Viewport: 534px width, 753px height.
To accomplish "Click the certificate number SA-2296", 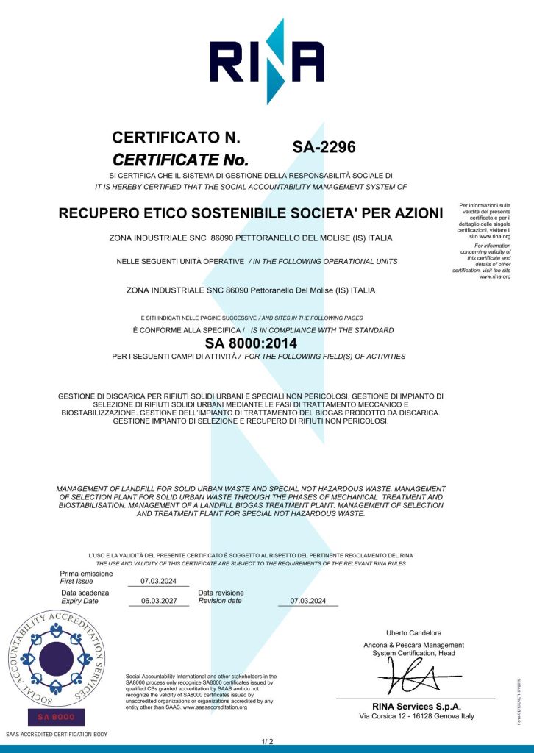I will (324, 147).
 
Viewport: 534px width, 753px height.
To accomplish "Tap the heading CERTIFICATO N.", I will (176, 138).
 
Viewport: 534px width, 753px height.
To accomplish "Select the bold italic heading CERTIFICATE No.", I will (180, 160).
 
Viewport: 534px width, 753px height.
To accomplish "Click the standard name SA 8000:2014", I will (251, 343).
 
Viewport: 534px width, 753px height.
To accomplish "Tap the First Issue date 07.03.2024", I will (158, 581).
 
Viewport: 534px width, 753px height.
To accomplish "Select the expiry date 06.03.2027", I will (158, 601).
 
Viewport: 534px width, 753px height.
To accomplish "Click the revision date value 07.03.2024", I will (307, 601).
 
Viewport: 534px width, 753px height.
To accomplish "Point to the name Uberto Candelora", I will (413, 632).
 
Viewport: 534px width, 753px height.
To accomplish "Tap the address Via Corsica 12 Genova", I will (416, 716).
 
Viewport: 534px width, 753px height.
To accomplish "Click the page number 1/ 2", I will (267, 740).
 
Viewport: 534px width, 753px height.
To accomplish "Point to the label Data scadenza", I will (85, 593).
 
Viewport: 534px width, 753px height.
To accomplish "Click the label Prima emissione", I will (86, 574).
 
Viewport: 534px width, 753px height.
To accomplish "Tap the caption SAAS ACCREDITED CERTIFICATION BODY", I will (57, 735).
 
